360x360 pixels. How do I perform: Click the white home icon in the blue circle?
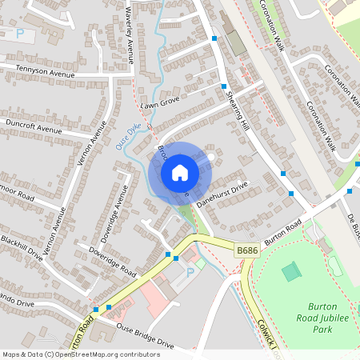(x=180, y=172)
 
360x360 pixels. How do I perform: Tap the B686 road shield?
(x=247, y=251)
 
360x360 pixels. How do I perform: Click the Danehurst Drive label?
(x=223, y=194)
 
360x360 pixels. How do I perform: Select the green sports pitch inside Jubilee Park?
(x=292, y=272)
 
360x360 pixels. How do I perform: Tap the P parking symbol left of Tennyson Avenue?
(x=19, y=34)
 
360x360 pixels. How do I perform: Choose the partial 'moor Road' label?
(x=16, y=194)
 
